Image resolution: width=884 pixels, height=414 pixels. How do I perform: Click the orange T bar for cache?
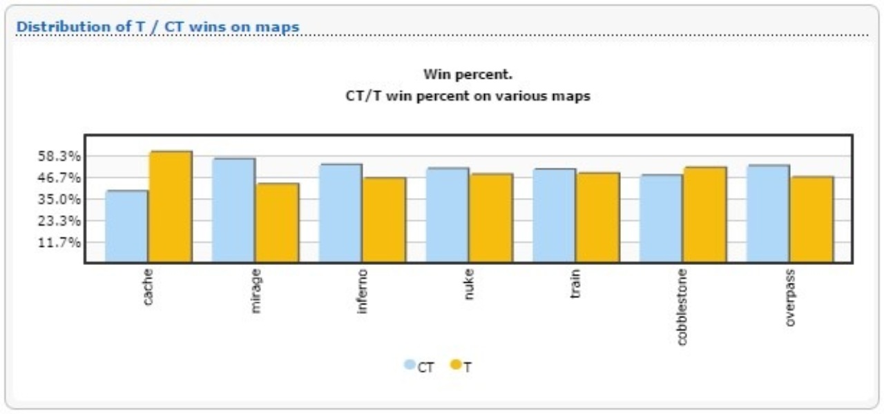(171, 207)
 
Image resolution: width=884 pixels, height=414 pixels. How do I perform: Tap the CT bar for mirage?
(233, 210)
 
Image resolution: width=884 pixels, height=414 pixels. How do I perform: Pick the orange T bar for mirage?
(278, 223)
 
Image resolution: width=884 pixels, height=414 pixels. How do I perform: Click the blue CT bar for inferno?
(340, 213)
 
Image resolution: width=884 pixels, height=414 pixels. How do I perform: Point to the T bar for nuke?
(491, 218)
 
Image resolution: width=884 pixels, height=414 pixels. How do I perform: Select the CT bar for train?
(554, 216)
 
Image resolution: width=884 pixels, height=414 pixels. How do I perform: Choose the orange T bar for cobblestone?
(705, 215)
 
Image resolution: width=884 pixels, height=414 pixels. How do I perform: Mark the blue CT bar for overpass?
(768, 214)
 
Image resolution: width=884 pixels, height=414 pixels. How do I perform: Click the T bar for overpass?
(812, 219)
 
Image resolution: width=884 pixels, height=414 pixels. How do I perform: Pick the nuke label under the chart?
(469, 284)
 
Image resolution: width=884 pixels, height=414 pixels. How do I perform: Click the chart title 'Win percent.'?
(468, 74)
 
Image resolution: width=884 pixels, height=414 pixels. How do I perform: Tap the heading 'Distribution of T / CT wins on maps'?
(157, 26)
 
